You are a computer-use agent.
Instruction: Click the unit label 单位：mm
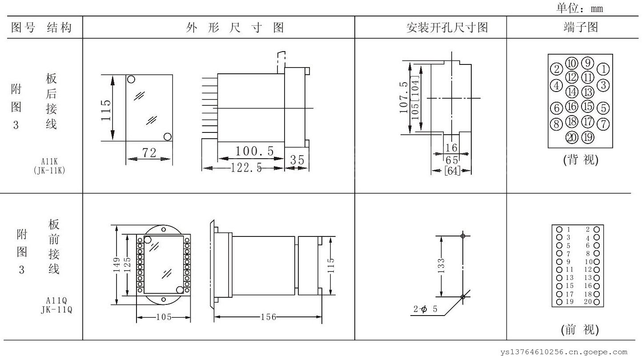click(579, 8)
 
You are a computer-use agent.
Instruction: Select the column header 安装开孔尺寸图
click(447, 28)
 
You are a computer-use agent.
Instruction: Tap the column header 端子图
click(581, 28)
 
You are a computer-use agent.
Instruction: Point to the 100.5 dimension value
click(255, 152)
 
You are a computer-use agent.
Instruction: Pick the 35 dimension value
click(297, 160)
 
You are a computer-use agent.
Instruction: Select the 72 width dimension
click(149, 152)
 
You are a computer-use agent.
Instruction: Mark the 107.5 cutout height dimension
click(404, 97)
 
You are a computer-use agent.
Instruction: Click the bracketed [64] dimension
click(452, 171)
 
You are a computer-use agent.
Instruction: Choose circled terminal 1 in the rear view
click(603, 69)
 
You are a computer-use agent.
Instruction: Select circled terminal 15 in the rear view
click(588, 107)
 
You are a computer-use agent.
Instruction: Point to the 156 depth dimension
click(268, 317)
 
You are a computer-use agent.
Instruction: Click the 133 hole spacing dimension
click(441, 266)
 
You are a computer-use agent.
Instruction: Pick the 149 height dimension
click(116, 266)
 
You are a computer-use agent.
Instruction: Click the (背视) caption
click(581, 160)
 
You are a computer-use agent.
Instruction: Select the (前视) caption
click(580, 330)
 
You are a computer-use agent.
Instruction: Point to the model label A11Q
click(56, 300)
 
